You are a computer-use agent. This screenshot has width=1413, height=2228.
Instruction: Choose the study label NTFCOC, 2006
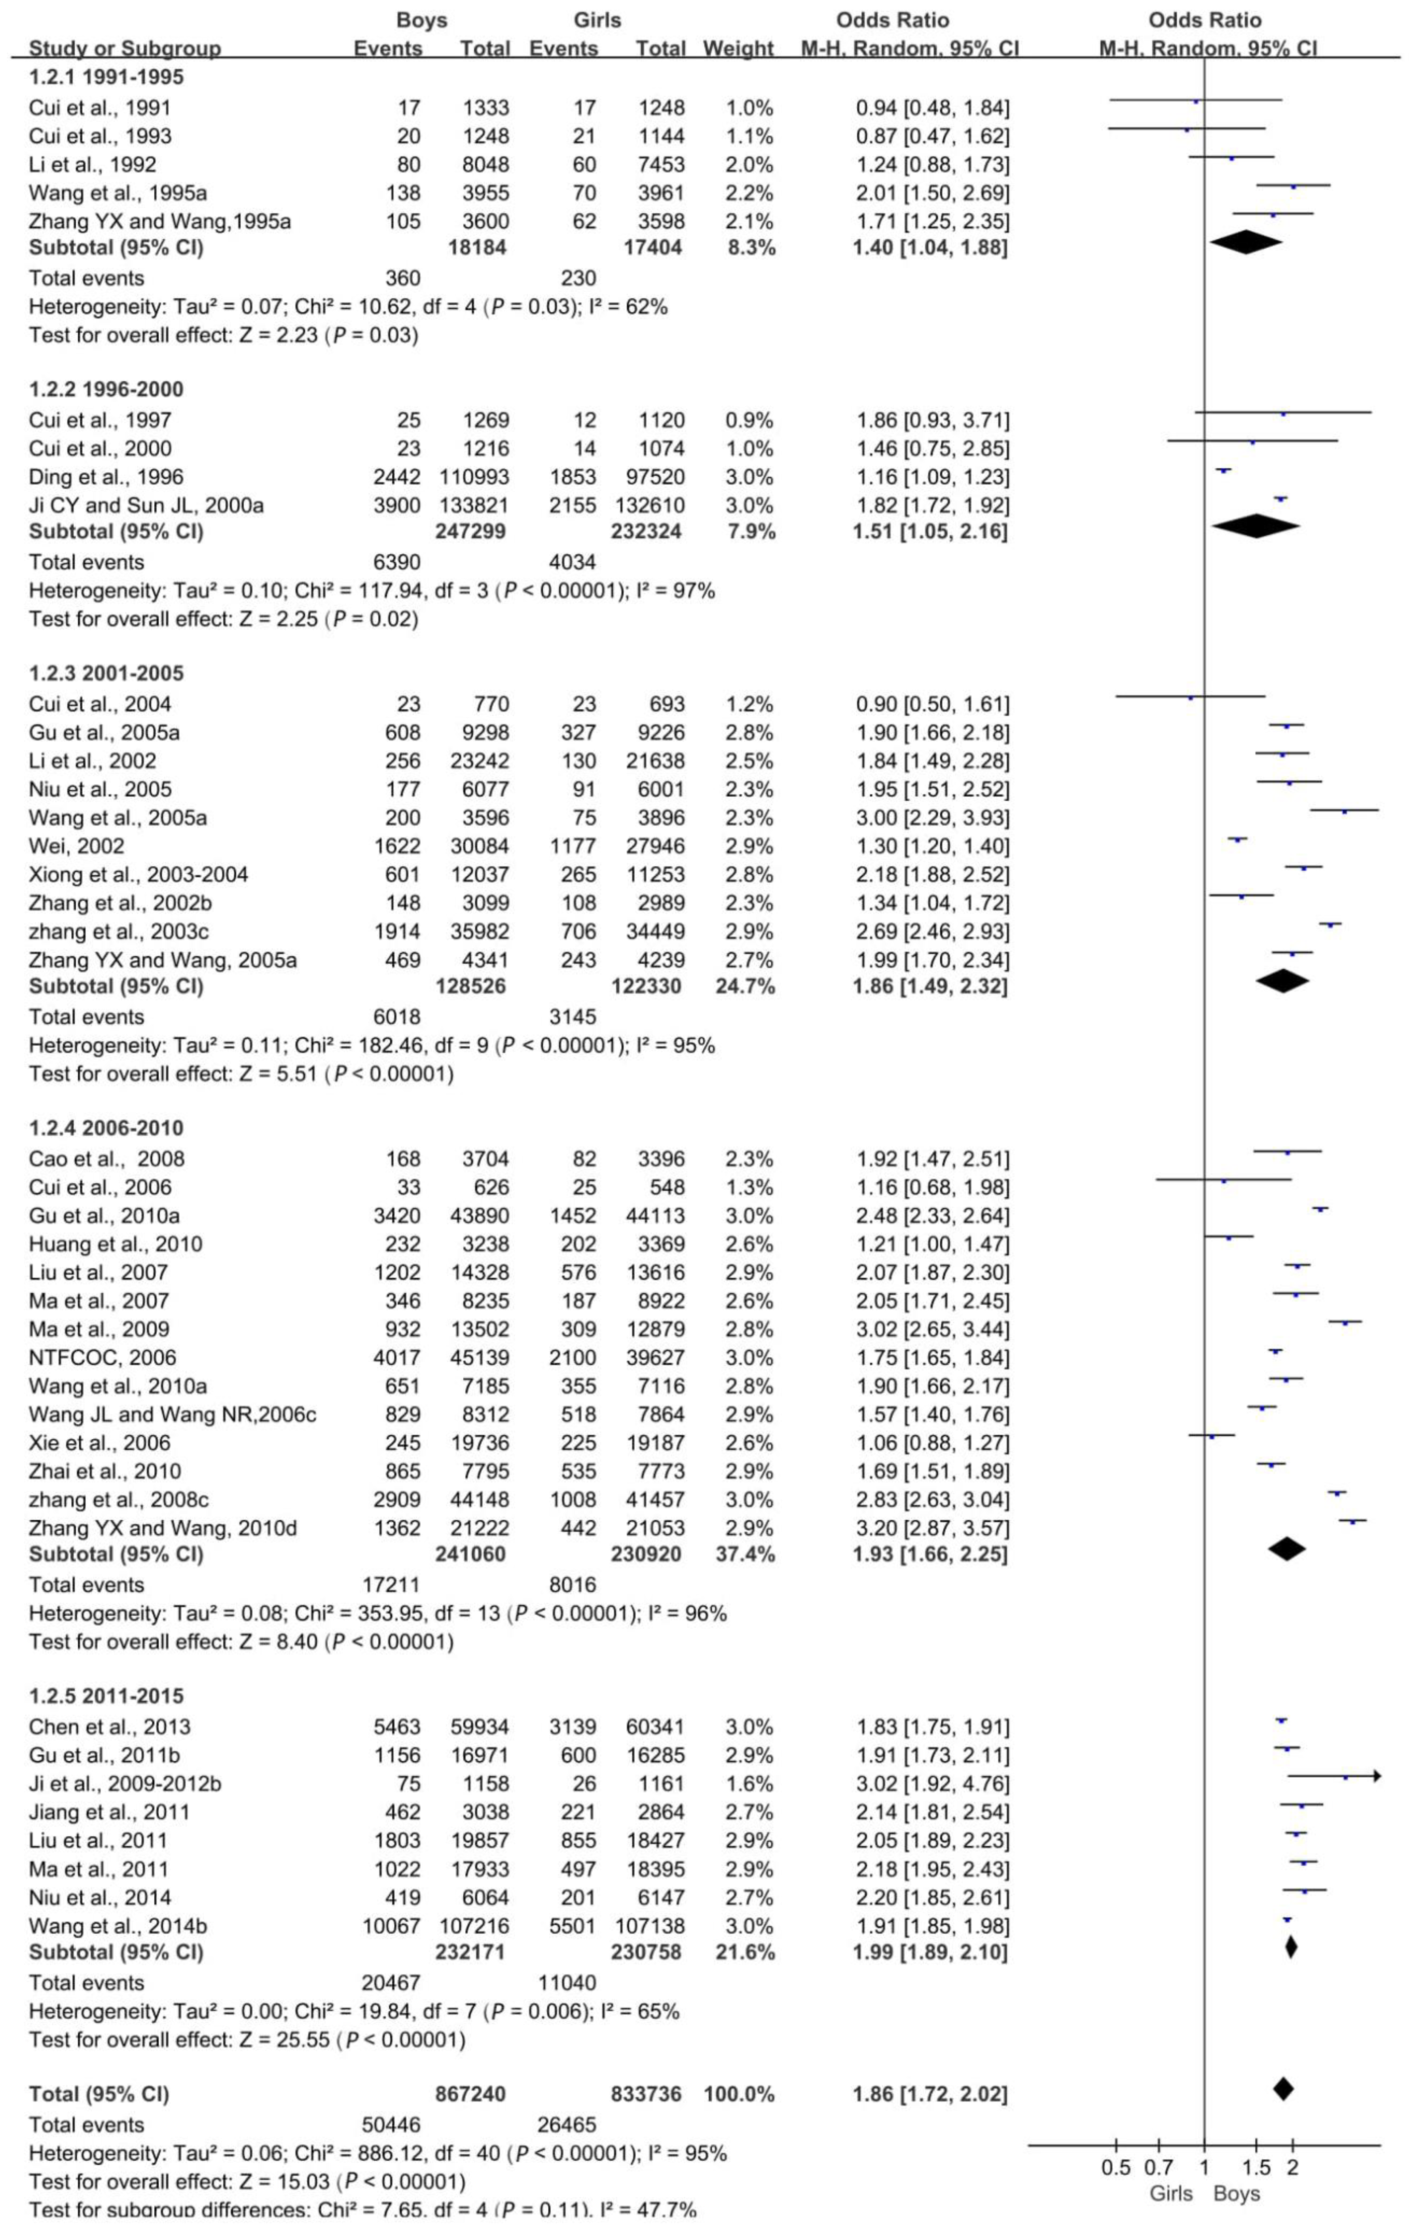click(x=102, y=1357)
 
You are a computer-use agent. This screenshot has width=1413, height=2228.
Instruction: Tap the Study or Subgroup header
click(x=125, y=48)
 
